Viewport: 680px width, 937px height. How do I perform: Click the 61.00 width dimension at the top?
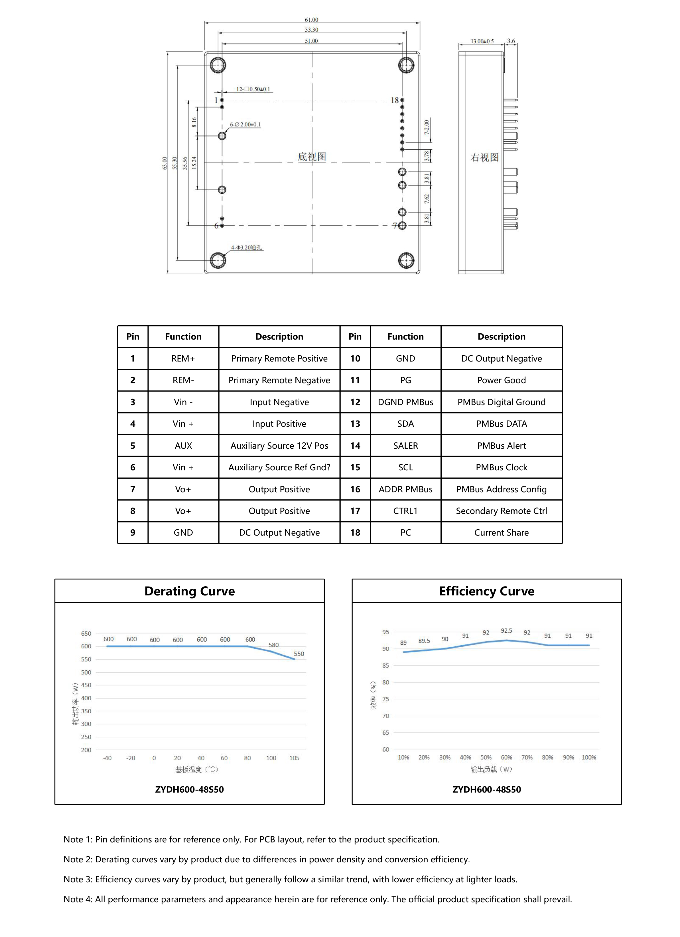tap(311, 20)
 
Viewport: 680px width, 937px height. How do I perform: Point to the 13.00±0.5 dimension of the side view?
tap(482, 41)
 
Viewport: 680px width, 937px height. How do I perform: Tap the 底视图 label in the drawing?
tap(312, 157)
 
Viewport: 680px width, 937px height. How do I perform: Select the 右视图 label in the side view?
tap(484, 158)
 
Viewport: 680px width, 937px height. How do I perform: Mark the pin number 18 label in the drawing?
tap(394, 100)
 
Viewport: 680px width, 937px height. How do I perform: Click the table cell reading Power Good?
tap(502, 380)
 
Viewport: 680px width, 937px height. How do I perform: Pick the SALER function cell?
tap(405, 445)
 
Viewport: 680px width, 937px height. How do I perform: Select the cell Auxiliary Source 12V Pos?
tap(279, 445)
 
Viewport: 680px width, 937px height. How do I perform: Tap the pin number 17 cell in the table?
tap(355, 511)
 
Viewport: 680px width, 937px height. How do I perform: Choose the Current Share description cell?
tap(502, 532)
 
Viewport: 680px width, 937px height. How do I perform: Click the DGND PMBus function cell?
tap(405, 402)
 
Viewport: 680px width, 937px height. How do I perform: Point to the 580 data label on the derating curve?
tap(274, 645)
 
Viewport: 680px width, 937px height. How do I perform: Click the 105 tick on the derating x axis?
tap(294, 758)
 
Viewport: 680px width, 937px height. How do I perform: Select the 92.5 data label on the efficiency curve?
tap(506, 631)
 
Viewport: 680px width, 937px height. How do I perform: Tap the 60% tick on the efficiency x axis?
tap(506, 757)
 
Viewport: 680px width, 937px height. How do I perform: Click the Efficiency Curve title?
tap(486, 591)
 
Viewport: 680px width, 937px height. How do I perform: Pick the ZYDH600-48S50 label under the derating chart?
tap(189, 789)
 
